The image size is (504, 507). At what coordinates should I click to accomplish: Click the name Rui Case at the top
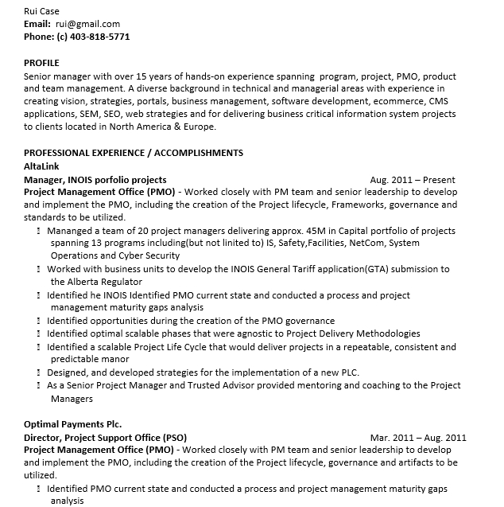coord(41,11)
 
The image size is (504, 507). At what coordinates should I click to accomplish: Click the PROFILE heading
coord(41,63)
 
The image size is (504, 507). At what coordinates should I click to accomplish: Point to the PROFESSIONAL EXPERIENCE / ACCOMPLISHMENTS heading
coord(134,153)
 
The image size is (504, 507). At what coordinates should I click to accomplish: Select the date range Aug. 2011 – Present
coord(424,180)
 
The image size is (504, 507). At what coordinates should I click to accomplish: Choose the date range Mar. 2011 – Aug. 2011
coord(418,438)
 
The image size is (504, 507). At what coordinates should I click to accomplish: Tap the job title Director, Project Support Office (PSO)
coord(105,438)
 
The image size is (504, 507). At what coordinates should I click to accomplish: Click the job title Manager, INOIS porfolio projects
coord(95,180)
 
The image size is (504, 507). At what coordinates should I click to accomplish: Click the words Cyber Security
coord(152,256)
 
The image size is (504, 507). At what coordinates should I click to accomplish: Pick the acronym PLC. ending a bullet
coord(350,372)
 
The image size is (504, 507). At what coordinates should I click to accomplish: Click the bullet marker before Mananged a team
coord(39,231)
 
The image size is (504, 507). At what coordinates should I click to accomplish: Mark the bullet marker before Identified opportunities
coord(39,321)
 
